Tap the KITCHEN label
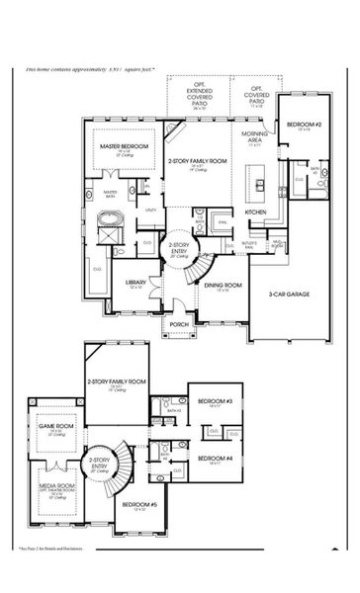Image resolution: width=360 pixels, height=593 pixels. point(255,212)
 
